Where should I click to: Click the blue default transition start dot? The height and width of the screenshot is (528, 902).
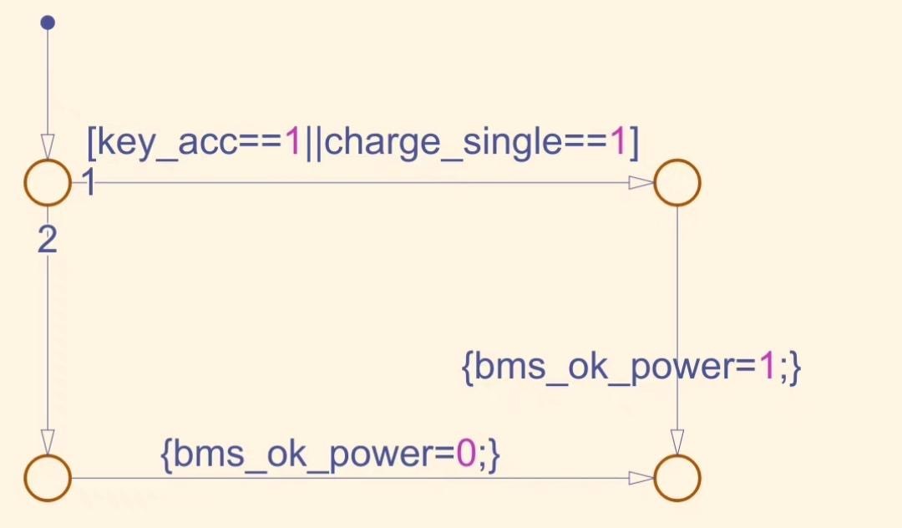pyautogui.click(x=48, y=23)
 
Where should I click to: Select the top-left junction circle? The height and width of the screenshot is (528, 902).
pyautogui.click(x=48, y=182)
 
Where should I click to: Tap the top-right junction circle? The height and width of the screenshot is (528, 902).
pyautogui.click(x=676, y=182)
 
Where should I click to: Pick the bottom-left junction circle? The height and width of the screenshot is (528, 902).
pyautogui.click(x=48, y=478)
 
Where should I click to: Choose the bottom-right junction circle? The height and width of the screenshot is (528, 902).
pyautogui.click(x=676, y=478)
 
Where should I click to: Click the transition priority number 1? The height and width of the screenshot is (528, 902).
pyautogui.click(x=88, y=183)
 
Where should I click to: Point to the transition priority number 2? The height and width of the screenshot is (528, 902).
pyautogui.click(x=48, y=241)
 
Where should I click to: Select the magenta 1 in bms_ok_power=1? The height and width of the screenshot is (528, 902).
pyautogui.click(x=768, y=368)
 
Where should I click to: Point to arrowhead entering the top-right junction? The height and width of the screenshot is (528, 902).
pyautogui.click(x=641, y=183)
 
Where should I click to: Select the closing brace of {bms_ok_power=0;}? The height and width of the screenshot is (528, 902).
pyautogui.click(x=494, y=454)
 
